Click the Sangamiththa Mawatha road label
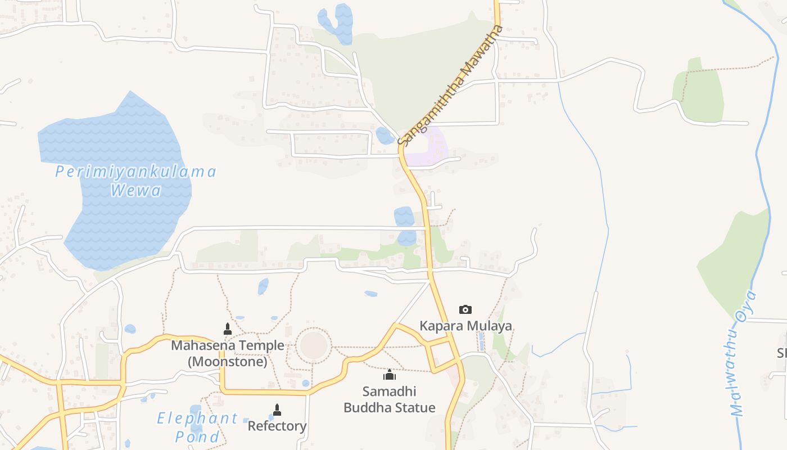pyautogui.click(x=450, y=85)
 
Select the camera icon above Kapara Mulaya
pyautogui.click(x=465, y=309)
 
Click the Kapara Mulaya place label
pyautogui.click(x=465, y=326)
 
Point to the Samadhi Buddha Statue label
pyautogui.click(x=390, y=399)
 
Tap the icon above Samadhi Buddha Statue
pyautogui.click(x=390, y=375)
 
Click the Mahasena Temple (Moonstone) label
pyautogui.click(x=228, y=353)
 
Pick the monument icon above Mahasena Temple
pyautogui.click(x=228, y=328)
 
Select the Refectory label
pyautogui.click(x=277, y=426)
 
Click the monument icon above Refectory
pyautogui.click(x=277, y=409)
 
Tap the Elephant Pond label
pyautogui.click(x=197, y=427)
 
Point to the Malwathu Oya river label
pyautogui.click(x=743, y=354)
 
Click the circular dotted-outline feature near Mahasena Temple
pyautogui.click(x=313, y=345)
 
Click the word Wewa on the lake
pyautogui.click(x=135, y=190)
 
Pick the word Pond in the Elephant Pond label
pyautogui.click(x=197, y=436)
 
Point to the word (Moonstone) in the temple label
pyautogui.click(x=228, y=362)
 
